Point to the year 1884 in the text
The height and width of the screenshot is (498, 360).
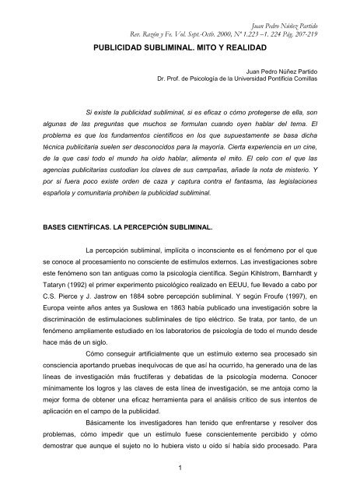(149, 296)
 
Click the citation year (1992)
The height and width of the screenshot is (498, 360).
(70, 284)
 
